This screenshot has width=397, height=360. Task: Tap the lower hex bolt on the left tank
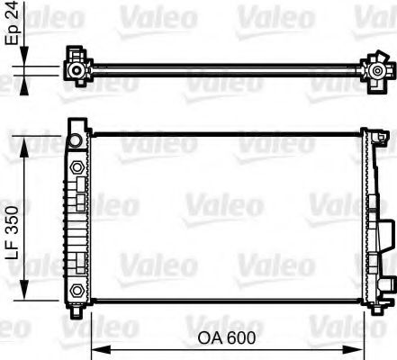pos(77,289)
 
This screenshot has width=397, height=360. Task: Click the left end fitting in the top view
pos(77,68)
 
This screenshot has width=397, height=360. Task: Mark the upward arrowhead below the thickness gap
pos(25,83)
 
